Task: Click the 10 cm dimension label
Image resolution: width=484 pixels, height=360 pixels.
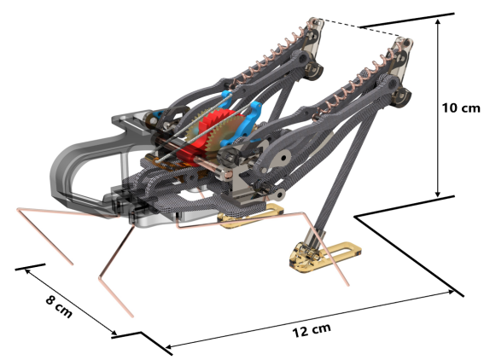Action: point(461,108)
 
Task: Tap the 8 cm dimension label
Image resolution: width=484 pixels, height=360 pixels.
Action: point(59,307)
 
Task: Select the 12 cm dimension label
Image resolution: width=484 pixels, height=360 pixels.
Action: point(312,330)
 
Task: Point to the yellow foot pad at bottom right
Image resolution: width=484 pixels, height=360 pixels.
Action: point(324,256)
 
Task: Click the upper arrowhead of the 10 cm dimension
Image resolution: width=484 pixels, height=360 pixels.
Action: point(437,21)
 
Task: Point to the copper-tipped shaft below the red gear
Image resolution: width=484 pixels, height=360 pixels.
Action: point(213,168)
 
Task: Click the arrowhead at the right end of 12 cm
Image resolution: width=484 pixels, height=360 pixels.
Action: point(451,292)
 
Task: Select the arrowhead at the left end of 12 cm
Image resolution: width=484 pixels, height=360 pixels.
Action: point(169,346)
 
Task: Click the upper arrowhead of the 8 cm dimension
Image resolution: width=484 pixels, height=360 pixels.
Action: point(27,271)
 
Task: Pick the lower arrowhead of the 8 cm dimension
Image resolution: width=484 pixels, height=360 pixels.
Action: point(114,333)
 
